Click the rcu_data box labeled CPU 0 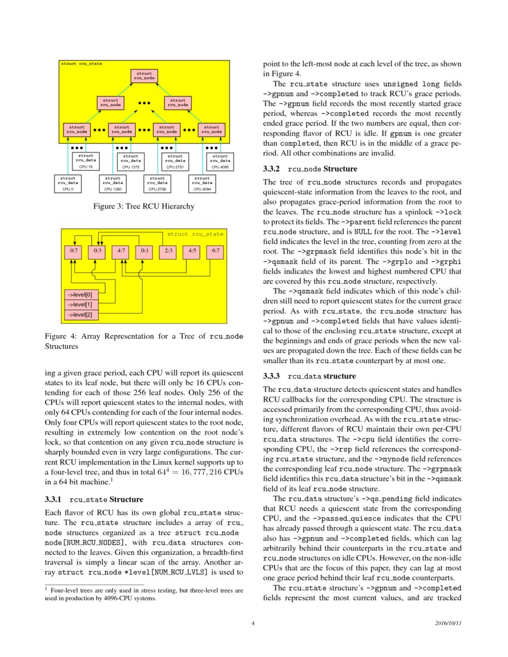click(68, 183)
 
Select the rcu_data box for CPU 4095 click(220, 161)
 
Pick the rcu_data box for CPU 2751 click(175, 161)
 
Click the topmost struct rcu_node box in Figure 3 click(144, 75)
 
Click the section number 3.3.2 click(272, 169)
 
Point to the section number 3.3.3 click(272, 376)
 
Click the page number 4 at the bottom click(254, 624)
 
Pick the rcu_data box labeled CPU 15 click(85, 161)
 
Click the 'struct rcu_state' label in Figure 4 click(195, 234)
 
